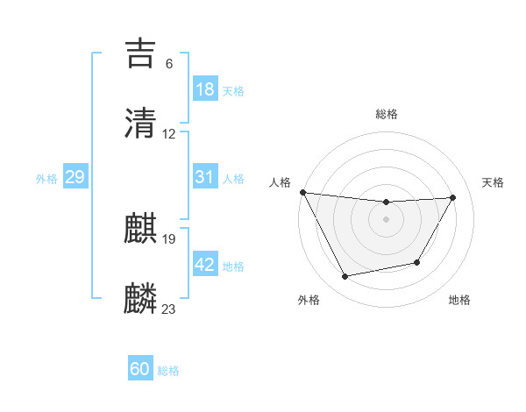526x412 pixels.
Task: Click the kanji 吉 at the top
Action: [x=141, y=53]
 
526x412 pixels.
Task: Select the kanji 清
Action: [x=141, y=124]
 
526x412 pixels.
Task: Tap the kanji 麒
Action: [x=141, y=229]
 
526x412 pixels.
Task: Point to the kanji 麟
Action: [x=141, y=299]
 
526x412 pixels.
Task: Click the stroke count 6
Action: [x=169, y=64]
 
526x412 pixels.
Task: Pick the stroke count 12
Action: [x=169, y=134]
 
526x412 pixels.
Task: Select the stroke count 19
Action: [x=169, y=239]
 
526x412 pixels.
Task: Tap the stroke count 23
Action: [x=169, y=309]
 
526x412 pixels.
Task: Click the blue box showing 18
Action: [x=204, y=89]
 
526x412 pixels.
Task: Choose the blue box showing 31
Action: [x=204, y=177]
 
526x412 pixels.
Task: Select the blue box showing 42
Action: [x=204, y=265]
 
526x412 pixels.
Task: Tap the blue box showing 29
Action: [x=75, y=177]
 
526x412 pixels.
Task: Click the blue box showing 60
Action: [x=140, y=369]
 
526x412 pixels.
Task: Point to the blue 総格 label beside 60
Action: [x=169, y=371]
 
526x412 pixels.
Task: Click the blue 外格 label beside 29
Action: [x=46, y=179]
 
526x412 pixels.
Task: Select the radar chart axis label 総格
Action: [x=387, y=114]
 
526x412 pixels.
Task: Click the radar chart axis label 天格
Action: [x=494, y=182]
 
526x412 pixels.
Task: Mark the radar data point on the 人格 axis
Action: [x=302, y=192]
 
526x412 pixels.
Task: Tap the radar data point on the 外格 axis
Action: [x=345, y=277]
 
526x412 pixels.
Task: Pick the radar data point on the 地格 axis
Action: [x=417, y=262]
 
